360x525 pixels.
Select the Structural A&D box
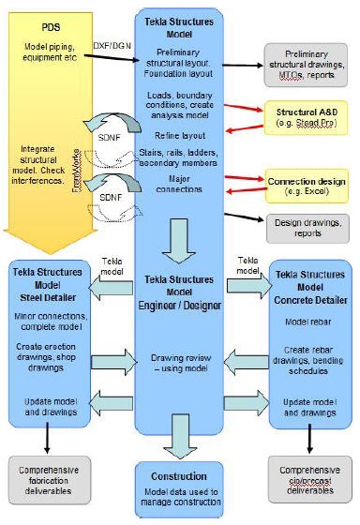tap(305, 109)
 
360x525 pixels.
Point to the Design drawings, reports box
tap(306, 225)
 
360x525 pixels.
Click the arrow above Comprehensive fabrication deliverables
tap(45, 438)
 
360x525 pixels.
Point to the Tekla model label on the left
tap(112, 263)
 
